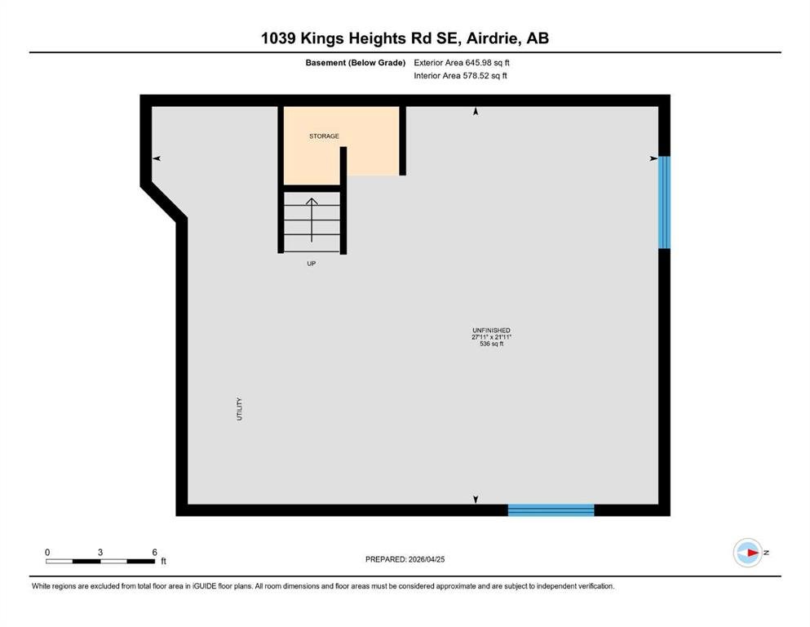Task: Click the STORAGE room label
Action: (x=324, y=136)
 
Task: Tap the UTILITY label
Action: (x=239, y=409)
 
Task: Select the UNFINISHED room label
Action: (x=491, y=331)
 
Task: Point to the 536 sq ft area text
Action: (x=491, y=344)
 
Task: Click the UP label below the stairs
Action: (x=312, y=264)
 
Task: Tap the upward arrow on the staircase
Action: (x=312, y=220)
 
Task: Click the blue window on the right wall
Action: (x=664, y=202)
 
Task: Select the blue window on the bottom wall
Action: (x=551, y=510)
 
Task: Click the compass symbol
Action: (x=748, y=553)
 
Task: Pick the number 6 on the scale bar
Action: (x=154, y=552)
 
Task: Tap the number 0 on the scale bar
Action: (x=47, y=552)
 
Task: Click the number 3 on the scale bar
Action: (x=100, y=552)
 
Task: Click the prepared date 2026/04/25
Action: (x=427, y=559)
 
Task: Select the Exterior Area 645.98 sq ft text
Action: (x=462, y=63)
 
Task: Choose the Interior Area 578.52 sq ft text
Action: (x=460, y=75)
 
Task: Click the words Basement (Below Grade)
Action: (x=356, y=63)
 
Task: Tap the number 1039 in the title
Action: (x=278, y=38)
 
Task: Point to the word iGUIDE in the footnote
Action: (x=205, y=586)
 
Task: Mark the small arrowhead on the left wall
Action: (x=157, y=158)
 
